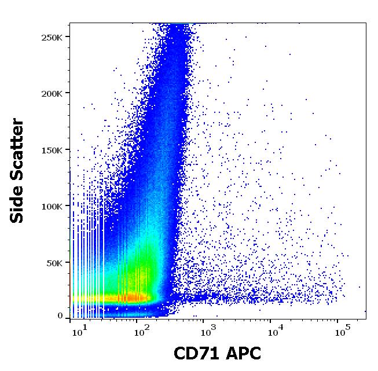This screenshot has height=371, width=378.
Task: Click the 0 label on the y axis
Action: [x=60, y=316]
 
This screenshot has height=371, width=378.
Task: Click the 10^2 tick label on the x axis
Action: [x=141, y=332]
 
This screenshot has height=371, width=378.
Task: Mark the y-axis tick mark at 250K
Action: [x=67, y=37]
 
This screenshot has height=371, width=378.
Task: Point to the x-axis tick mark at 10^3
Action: [x=204, y=320]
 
